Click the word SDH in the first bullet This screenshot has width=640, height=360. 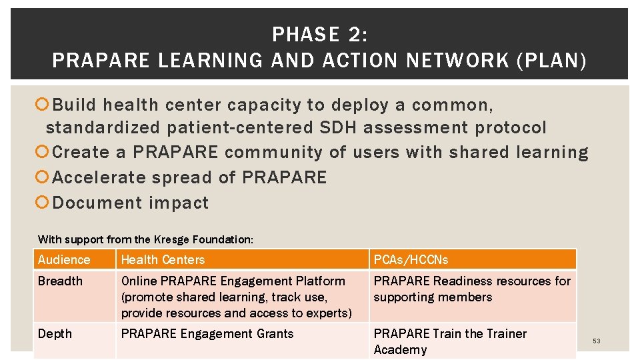(335, 128)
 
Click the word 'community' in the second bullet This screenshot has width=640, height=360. (275, 153)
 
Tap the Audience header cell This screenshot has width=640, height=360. (64, 259)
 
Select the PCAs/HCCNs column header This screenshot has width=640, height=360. (411, 259)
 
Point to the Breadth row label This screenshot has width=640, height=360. (60, 281)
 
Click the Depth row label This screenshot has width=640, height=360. (55, 334)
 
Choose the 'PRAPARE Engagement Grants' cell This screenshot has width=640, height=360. (207, 334)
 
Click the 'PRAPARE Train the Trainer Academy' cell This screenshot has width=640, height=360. (450, 341)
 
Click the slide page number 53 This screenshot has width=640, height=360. (597, 341)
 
